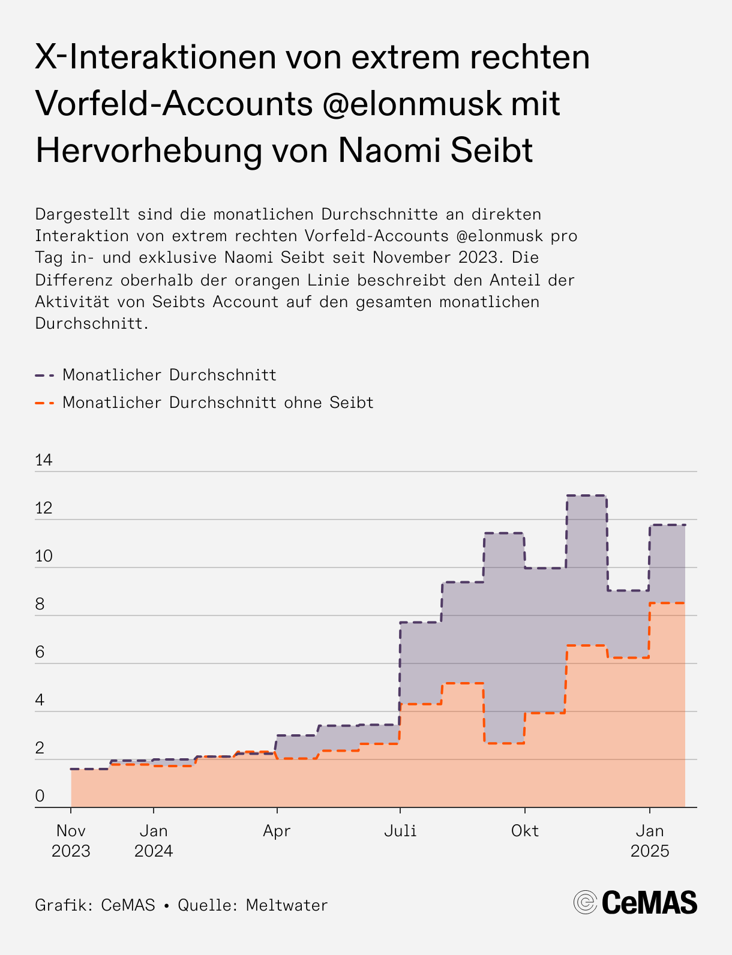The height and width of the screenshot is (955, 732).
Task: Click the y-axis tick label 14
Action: tap(44, 460)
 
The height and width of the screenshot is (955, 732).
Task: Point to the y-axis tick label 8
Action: tap(40, 604)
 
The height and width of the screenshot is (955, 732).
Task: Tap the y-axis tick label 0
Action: tap(40, 796)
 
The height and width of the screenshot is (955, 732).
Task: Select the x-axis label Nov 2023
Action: tap(71, 841)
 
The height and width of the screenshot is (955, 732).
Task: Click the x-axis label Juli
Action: tap(400, 831)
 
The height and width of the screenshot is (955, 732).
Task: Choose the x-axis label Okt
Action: tap(525, 831)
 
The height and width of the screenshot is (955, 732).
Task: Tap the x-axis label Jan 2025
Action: tap(650, 841)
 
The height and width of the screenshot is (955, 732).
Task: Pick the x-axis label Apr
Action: tap(277, 831)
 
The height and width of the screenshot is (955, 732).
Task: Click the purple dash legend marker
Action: tap(45, 376)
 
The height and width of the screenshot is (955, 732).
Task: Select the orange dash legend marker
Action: tap(45, 403)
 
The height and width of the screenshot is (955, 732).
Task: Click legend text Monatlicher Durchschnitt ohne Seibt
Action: tap(218, 403)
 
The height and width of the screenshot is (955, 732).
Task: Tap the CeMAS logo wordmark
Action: tap(649, 903)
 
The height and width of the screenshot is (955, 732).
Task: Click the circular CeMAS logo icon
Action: tap(585, 902)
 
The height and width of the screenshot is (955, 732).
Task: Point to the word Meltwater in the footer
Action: tap(287, 905)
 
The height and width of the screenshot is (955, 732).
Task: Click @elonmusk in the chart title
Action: tap(411, 103)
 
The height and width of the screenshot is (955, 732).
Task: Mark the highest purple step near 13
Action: tap(586, 495)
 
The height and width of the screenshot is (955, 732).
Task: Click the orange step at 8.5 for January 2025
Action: tap(667, 603)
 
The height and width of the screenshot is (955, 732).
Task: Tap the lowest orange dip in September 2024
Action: tap(504, 743)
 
